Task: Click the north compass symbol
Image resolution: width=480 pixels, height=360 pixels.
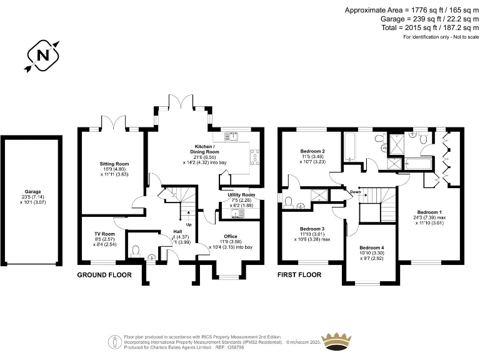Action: (x=43, y=55)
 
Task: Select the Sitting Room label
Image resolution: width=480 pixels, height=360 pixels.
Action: (x=114, y=164)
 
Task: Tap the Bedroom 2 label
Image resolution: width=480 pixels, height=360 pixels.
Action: (x=312, y=151)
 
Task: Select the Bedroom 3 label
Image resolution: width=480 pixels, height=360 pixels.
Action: (x=312, y=229)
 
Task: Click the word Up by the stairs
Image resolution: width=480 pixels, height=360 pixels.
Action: (x=189, y=224)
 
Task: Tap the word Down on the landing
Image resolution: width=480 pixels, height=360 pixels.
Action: (x=355, y=192)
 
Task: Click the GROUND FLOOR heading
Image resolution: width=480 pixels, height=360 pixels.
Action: (x=104, y=275)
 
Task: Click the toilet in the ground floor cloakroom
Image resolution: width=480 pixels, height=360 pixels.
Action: (x=136, y=249)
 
